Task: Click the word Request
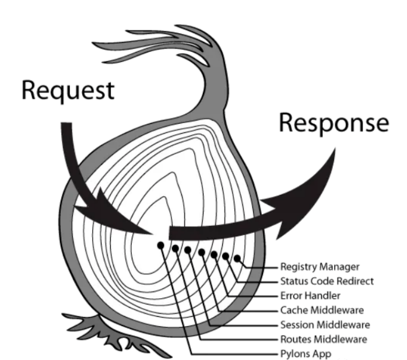point(68,90)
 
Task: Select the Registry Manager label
point(320,267)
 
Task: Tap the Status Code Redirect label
point(327,281)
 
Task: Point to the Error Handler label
point(310,296)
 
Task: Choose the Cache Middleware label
point(322,310)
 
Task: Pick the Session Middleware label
point(325,325)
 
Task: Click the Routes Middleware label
point(324,340)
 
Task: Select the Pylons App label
point(306,354)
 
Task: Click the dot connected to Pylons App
point(161,245)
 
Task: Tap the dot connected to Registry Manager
point(237,258)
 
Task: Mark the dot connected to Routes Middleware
point(175,249)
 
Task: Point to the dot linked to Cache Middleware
point(201,252)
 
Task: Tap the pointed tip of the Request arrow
point(153,235)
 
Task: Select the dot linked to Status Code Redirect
point(226,256)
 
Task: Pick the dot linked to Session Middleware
point(188,250)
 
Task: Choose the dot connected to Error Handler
point(213,255)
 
